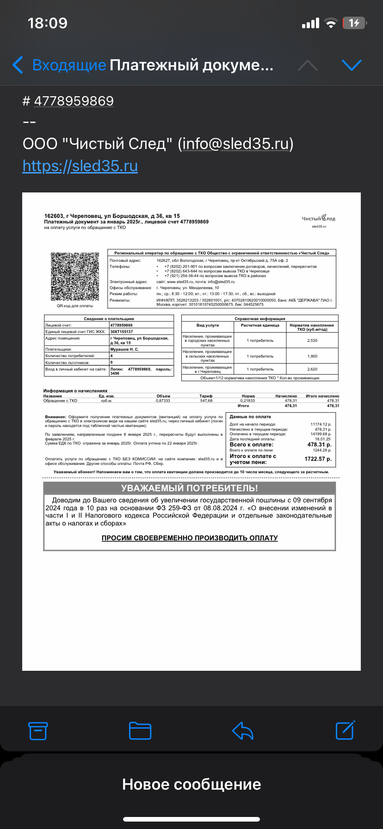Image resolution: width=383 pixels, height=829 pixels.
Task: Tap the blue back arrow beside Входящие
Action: point(18,65)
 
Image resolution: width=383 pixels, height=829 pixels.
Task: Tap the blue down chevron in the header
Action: point(351,65)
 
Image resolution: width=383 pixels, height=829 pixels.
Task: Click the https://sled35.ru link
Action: point(80,166)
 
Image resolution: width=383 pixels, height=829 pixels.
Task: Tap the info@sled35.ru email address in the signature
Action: point(235,144)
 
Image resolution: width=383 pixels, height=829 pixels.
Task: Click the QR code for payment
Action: point(75,277)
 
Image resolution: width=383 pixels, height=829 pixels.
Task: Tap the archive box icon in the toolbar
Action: point(38,730)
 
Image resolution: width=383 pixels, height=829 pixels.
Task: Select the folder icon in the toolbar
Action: point(140,730)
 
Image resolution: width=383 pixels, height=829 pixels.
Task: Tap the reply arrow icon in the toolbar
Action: point(242,730)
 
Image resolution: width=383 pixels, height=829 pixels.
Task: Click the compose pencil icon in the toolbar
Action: point(345,730)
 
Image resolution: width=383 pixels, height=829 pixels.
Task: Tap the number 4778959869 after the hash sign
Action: point(74,101)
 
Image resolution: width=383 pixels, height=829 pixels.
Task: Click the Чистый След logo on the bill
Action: point(319,218)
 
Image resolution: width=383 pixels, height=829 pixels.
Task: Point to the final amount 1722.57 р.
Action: point(318,459)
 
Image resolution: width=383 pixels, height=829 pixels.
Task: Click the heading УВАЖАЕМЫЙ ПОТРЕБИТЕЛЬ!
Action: point(189,488)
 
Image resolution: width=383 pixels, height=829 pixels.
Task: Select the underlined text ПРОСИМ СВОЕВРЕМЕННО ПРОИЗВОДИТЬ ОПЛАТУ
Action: point(190,538)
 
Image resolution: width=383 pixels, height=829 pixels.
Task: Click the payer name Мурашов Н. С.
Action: point(124,349)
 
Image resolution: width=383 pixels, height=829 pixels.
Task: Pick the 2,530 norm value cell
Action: point(312,340)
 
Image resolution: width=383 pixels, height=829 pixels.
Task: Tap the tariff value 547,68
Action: point(206,401)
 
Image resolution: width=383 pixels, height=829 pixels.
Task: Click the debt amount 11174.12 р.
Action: point(321,424)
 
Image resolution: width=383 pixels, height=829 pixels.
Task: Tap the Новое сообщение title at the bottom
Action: point(191,784)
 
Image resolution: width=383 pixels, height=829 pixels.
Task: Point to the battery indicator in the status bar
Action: point(354,23)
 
